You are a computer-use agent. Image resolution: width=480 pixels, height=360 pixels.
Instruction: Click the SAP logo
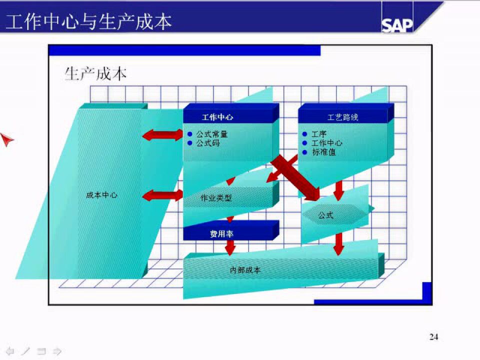pyautogui.click(x=397, y=25)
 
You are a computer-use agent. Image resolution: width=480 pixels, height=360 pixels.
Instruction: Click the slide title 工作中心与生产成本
pyautogui.click(x=88, y=21)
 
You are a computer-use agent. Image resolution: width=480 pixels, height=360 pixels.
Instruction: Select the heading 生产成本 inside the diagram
pyautogui.click(x=95, y=74)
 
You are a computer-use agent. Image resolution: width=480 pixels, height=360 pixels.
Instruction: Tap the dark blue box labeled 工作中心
pyautogui.click(x=217, y=117)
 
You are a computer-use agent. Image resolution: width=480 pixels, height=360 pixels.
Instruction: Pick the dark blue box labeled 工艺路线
pyautogui.click(x=343, y=117)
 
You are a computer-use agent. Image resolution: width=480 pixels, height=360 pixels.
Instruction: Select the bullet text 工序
pyautogui.click(x=318, y=134)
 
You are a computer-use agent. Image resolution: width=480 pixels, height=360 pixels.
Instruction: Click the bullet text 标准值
pyautogui.click(x=323, y=152)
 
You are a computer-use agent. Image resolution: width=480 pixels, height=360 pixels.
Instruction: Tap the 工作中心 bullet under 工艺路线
pyautogui.click(x=326, y=143)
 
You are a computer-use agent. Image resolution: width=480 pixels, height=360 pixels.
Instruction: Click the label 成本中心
pyautogui.click(x=102, y=195)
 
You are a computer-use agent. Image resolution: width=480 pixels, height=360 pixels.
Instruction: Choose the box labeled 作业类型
pyautogui.click(x=216, y=197)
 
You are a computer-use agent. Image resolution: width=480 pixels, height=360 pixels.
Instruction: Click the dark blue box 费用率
pyautogui.click(x=221, y=233)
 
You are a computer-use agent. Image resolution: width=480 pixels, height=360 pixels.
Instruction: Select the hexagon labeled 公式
pyautogui.click(x=326, y=215)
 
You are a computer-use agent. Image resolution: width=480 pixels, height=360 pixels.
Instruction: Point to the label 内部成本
pyautogui.click(x=245, y=270)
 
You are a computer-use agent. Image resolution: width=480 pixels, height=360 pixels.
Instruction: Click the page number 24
pyautogui.click(x=433, y=337)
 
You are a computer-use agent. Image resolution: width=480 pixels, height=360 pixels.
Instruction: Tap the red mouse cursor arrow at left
pyautogui.click(x=6, y=140)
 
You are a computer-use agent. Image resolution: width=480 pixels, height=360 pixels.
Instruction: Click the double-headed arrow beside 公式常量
pyautogui.click(x=163, y=134)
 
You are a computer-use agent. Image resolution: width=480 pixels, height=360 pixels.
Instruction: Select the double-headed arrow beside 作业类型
pyautogui.click(x=163, y=195)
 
